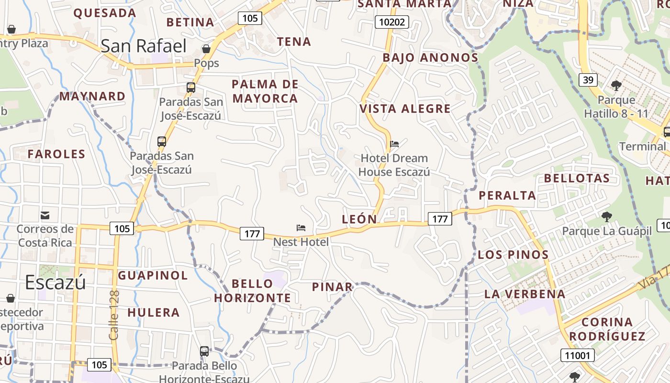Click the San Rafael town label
tap(144, 46)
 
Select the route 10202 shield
tap(391, 22)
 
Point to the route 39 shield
tap(588, 79)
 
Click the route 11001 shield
tap(578, 355)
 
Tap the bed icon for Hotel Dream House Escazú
tap(394, 144)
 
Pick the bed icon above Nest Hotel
tap(301, 227)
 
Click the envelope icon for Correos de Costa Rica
tap(45, 215)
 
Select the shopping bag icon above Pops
tap(206, 49)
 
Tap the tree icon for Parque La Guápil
tap(607, 217)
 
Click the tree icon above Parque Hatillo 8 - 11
tap(616, 86)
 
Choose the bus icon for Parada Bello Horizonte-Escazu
tap(204, 351)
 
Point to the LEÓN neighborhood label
tap(359, 219)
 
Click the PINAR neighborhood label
tap(332, 287)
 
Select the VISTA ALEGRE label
tap(405, 109)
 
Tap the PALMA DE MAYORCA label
tap(265, 91)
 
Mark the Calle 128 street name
tap(114, 315)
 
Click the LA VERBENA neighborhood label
tap(525, 294)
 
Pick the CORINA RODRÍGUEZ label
tap(607, 329)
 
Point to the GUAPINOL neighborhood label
tap(153, 275)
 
